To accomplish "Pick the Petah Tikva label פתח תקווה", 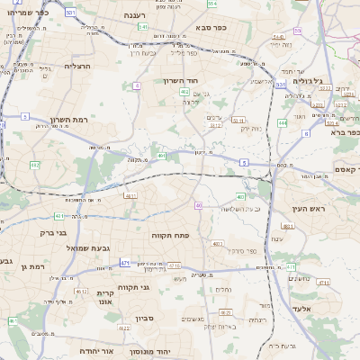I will [x=169, y=235].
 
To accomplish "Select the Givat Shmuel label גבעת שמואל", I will [x=88, y=247].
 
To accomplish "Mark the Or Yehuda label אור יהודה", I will [x=94, y=350].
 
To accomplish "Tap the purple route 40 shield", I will [x=198, y=206].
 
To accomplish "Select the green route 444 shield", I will [x=283, y=122].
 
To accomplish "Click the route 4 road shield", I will [x=137, y=86].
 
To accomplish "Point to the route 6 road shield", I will [x=243, y=162].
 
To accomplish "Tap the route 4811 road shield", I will [x=130, y=194].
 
